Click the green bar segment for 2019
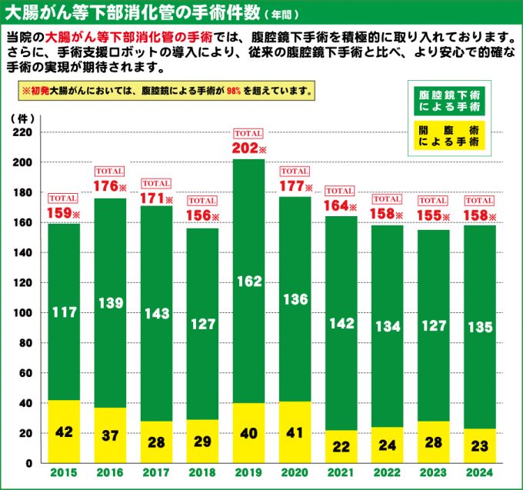(x=248, y=231)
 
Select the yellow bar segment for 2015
(x=65, y=432)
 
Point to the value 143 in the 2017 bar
(x=157, y=313)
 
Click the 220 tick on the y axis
(x=23, y=132)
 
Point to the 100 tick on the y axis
(x=23, y=313)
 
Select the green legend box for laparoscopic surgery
(x=449, y=98)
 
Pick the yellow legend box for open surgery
(x=449, y=137)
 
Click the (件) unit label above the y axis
(x=22, y=118)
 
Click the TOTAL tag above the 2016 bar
(x=110, y=171)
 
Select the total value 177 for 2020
(x=291, y=187)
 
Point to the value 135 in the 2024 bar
(x=480, y=326)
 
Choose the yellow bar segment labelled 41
(x=295, y=432)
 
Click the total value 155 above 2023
(x=428, y=216)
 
